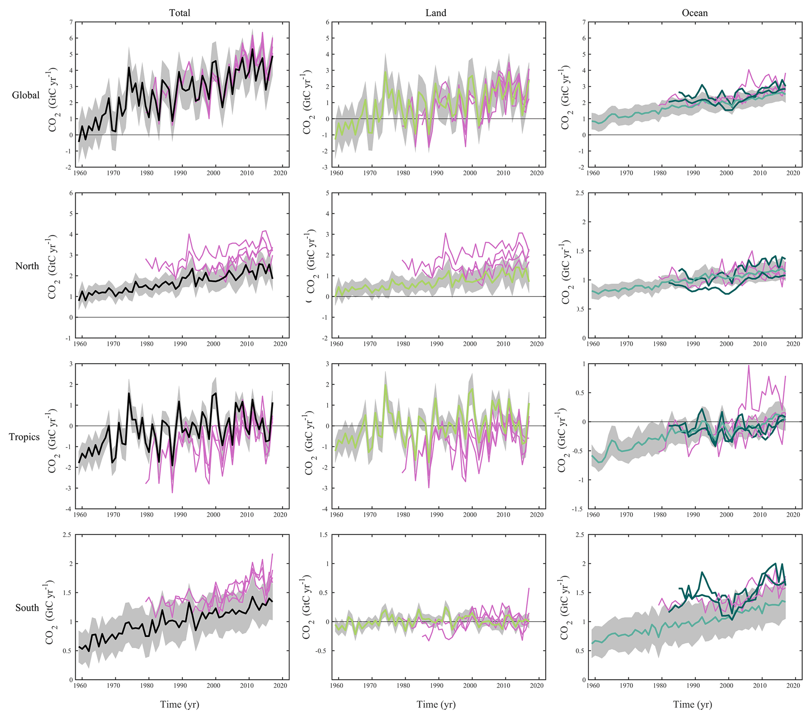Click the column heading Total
pos(180,13)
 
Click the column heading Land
pos(436,13)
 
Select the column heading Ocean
pos(695,13)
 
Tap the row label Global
pos(26,95)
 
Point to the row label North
pos(27,266)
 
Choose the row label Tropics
pos(24,437)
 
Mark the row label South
pos(27,607)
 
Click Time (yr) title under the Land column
pos(436,704)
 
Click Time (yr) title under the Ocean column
pos(693,704)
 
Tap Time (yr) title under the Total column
pos(180,704)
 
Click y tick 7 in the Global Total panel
pos(71,22)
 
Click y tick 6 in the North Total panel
pos(71,193)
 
